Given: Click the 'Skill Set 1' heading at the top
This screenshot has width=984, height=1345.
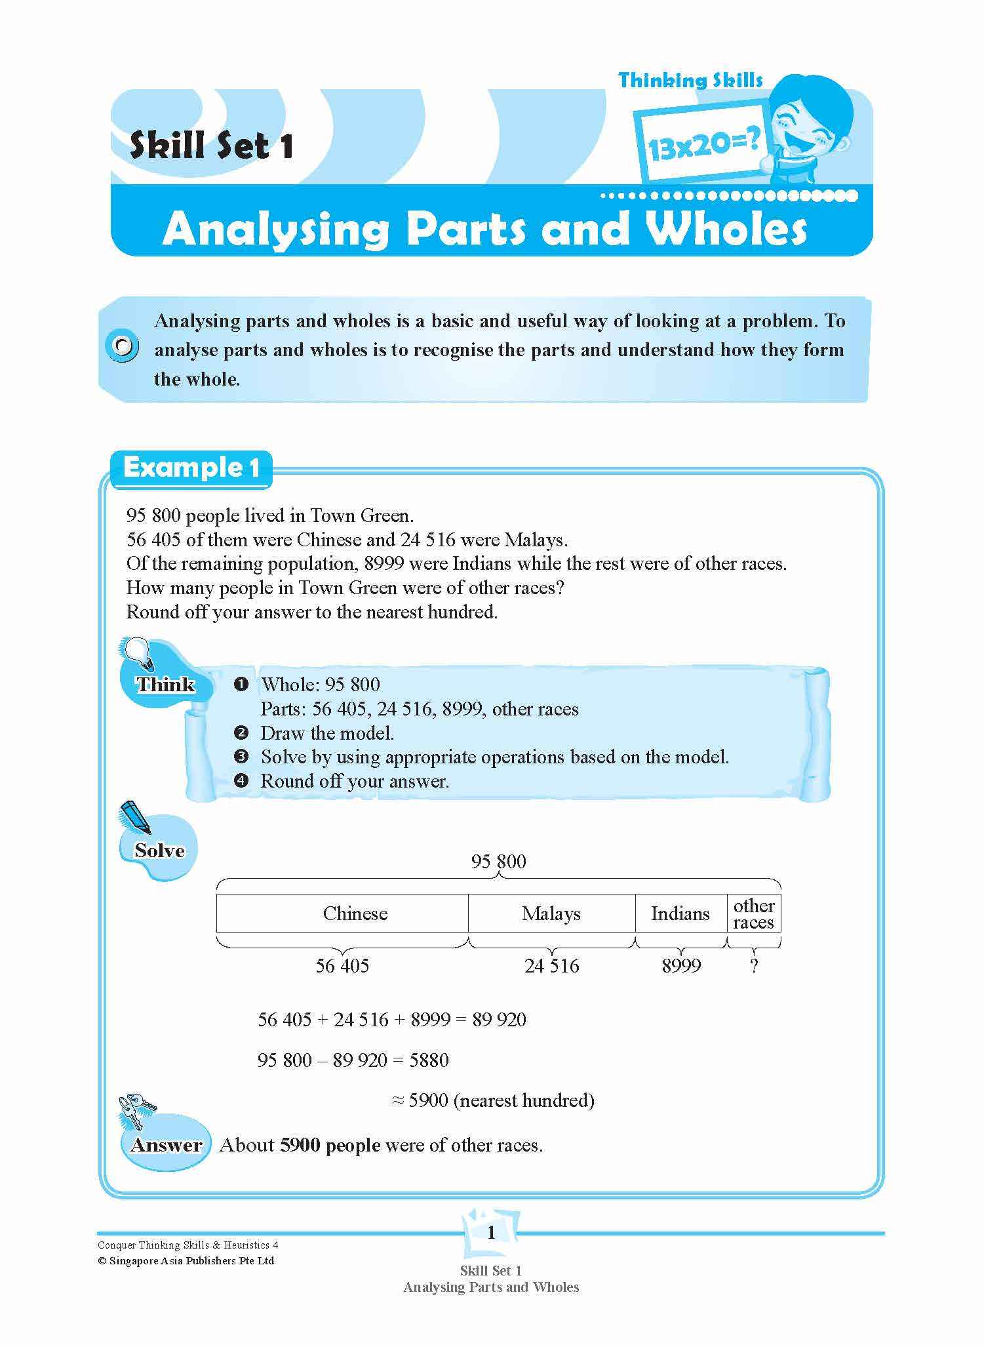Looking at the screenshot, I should point(211,146).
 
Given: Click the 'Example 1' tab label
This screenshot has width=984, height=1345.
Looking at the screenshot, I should point(191,468).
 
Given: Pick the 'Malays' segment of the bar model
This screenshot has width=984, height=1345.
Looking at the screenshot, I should point(551,913).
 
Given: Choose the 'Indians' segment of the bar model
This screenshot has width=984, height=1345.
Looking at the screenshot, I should point(680,913).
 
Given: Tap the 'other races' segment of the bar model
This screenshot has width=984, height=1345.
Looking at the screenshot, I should point(754,913).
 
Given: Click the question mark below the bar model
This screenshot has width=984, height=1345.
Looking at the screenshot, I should point(754,965).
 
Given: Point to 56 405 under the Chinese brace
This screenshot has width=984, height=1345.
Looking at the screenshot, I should point(342,965).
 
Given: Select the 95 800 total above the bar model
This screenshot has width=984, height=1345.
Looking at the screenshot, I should point(498,862).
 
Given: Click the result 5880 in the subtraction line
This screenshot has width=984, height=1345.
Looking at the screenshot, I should point(429,1060).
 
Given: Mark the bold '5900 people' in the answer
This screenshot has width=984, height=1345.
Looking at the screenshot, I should point(330,1145).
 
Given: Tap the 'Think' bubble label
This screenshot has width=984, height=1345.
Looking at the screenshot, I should point(166,685).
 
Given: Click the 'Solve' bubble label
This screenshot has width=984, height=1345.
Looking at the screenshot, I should point(159,851).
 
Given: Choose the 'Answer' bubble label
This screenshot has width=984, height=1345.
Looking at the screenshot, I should point(167,1146).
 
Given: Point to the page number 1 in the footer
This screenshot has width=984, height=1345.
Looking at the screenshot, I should point(492,1234).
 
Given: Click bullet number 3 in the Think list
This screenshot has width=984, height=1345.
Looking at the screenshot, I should point(241,757).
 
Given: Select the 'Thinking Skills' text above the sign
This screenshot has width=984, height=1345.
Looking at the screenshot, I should point(690,81).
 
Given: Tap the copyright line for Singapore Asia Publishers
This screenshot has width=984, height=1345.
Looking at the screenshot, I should point(186,1260).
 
